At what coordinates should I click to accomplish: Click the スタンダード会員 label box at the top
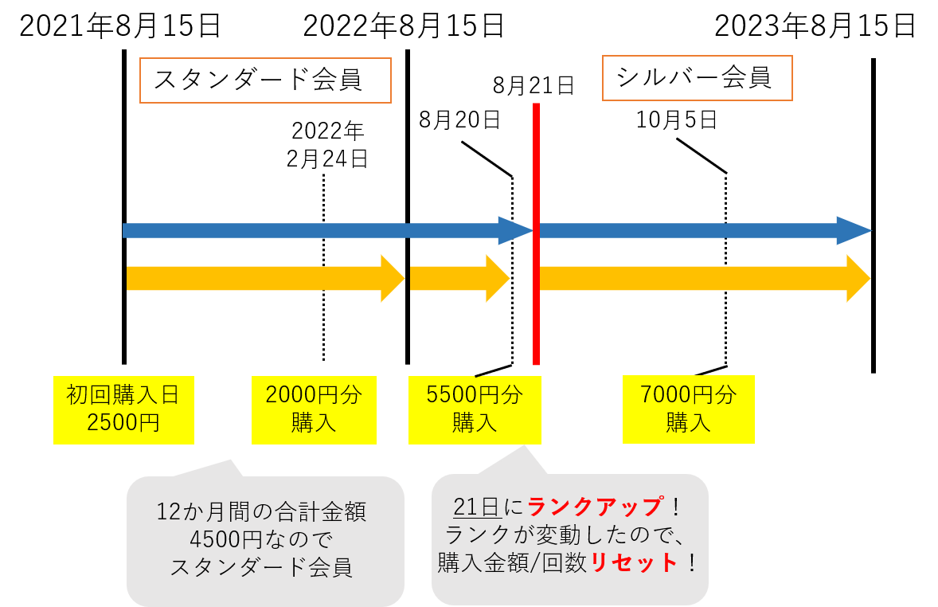pos(265,80)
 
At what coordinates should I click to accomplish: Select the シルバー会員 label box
pos(697,78)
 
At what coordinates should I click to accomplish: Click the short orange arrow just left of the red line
pos(459,279)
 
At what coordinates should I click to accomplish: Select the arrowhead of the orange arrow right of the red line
pos(857,279)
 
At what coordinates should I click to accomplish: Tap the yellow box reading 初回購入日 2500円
pos(123,409)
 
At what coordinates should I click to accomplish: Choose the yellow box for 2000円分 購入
pos(314,409)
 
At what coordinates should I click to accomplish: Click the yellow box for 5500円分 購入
pos(475,409)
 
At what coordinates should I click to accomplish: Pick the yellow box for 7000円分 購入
pos(688,409)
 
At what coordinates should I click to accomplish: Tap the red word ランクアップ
pos(595,507)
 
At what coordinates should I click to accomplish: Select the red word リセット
pos(634,563)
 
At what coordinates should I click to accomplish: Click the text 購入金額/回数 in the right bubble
pos(513,563)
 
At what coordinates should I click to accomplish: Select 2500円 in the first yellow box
pos(123,422)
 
